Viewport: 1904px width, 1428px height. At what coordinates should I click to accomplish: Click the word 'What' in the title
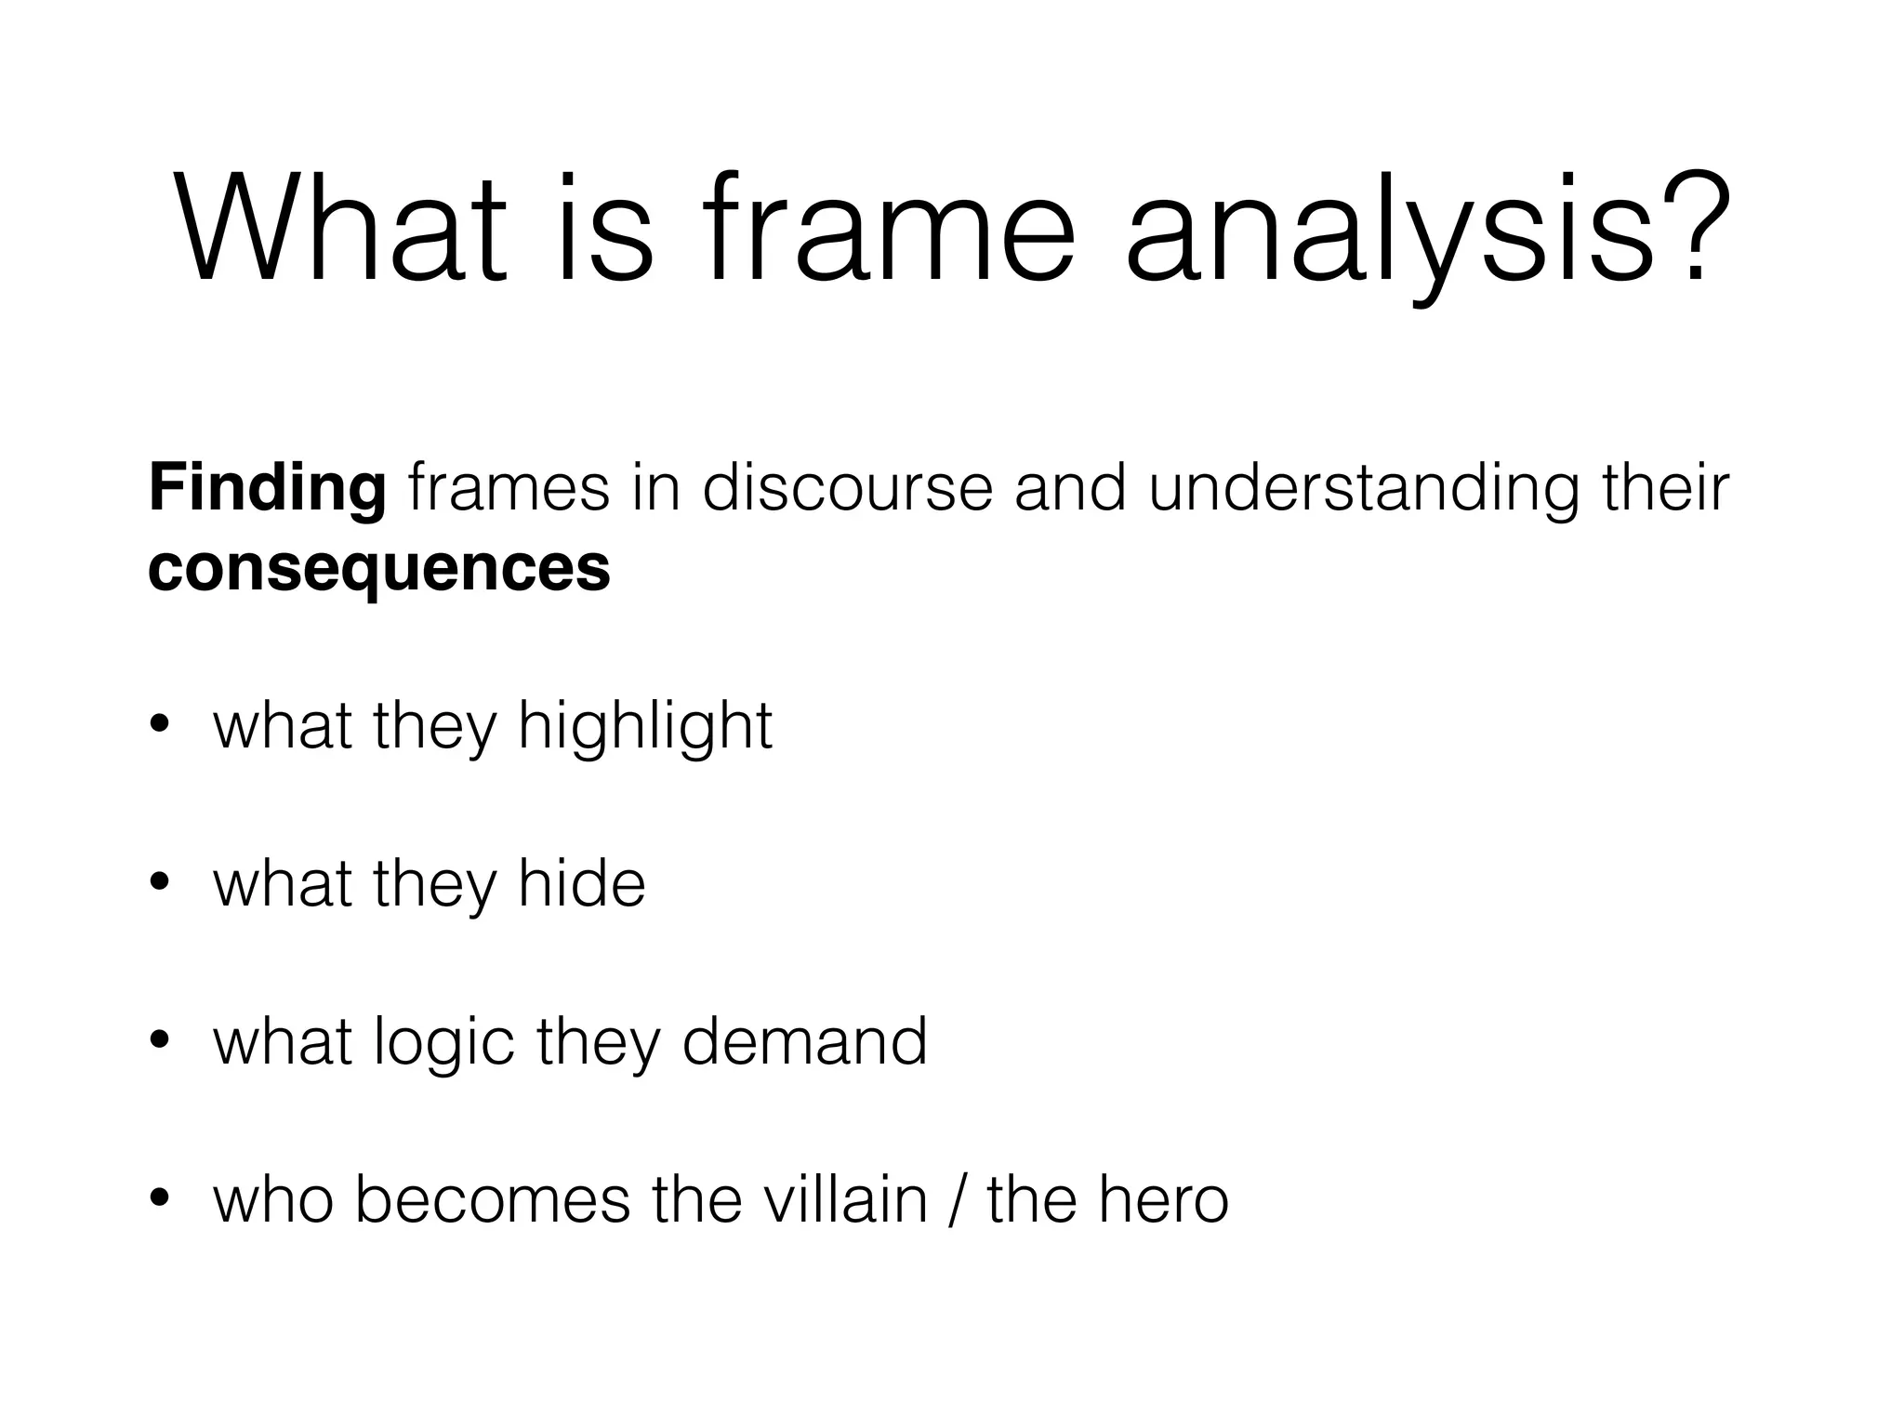[x=340, y=228]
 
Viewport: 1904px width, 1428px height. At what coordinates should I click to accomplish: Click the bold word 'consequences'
[x=379, y=568]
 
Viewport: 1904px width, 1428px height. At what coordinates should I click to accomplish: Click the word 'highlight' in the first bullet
[x=645, y=726]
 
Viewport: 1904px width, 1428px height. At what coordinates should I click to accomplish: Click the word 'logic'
[x=443, y=1042]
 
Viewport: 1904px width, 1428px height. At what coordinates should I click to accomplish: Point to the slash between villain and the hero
[x=958, y=1200]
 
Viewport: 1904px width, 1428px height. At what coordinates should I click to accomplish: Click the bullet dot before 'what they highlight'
[x=160, y=726]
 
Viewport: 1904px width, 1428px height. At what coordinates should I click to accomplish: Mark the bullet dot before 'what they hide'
[x=160, y=884]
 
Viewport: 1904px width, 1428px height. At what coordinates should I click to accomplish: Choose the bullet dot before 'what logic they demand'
[x=160, y=1042]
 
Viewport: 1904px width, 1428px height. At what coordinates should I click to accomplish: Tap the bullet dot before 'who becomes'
[x=160, y=1200]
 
